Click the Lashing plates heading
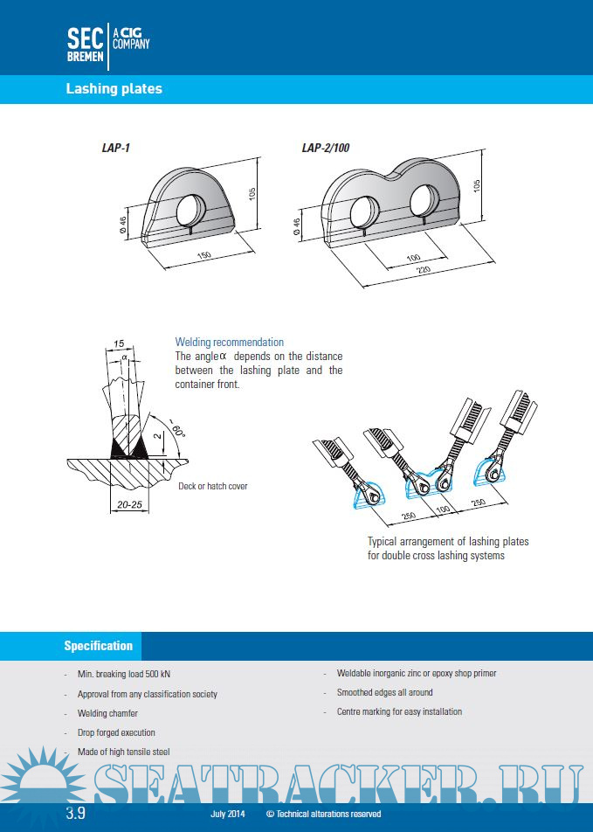114,88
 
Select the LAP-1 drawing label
115,149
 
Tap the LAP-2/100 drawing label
326,149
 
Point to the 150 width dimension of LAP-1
204,255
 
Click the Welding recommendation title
229,343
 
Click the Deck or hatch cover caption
212,486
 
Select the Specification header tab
98,646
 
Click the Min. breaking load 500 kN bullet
124,675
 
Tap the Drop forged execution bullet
116,732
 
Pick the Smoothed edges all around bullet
384,692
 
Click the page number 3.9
76,814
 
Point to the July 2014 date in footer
227,814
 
